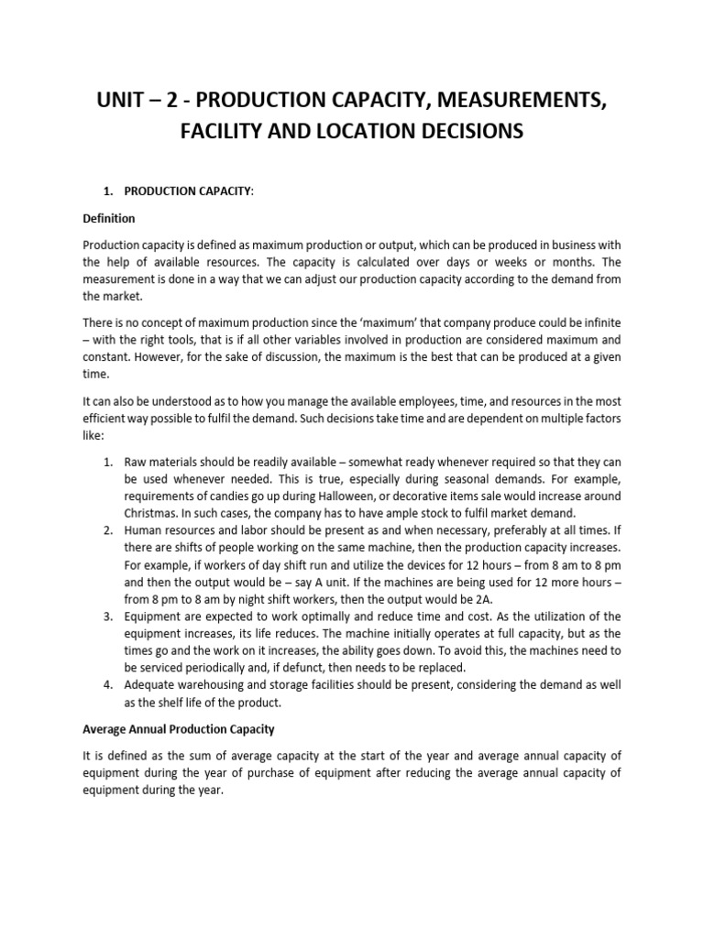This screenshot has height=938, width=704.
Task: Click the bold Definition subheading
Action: (x=109, y=219)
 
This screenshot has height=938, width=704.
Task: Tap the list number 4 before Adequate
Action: (x=107, y=686)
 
